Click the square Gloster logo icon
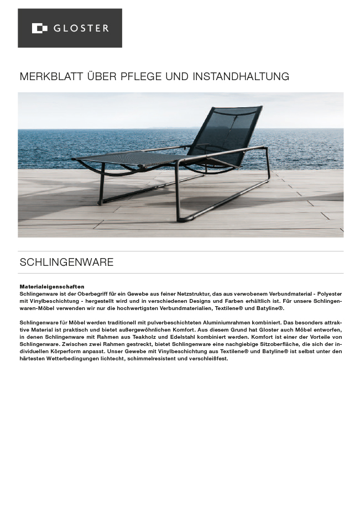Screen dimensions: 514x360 (x=39, y=28)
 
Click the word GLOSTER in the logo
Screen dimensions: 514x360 (x=81, y=28)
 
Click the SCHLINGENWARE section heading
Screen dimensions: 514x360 (x=66, y=263)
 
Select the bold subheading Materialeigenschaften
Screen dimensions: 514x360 (x=52, y=287)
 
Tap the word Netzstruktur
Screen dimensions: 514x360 (x=200, y=294)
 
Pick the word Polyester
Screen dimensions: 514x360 (x=329, y=294)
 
